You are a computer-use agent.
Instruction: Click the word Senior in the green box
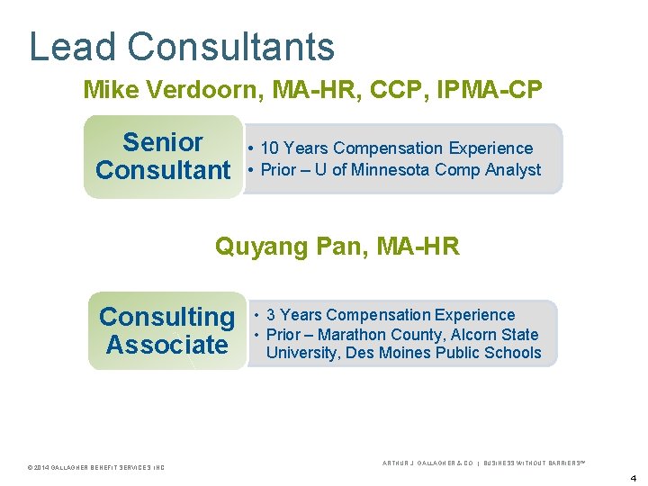163,142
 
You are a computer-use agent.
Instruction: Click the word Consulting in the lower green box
166,317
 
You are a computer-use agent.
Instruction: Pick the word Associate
166,345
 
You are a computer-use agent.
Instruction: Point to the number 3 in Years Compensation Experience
272,315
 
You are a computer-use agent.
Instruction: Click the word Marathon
356,335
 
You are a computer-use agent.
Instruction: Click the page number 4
633,477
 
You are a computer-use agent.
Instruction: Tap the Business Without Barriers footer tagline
535,463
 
